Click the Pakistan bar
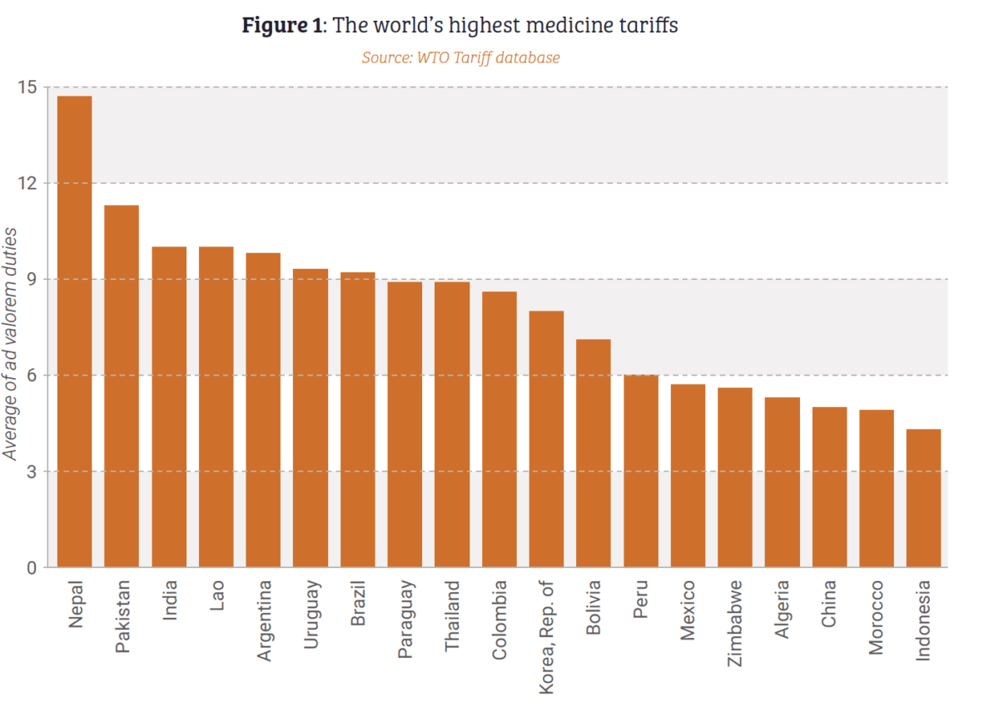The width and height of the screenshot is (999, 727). pyautogui.click(x=122, y=386)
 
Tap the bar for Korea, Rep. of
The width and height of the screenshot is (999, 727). pyautogui.click(x=546, y=439)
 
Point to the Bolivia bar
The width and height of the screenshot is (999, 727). pyautogui.click(x=594, y=453)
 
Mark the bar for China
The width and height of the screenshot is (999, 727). pyautogui.click(x=829, y=487)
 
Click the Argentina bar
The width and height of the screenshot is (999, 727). pyautogui.click(x=263, y=410)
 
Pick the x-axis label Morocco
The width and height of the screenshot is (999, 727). pyautogui.click(x=877, y=619)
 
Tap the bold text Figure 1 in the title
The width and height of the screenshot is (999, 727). pyautogui.click(x=282, y=26)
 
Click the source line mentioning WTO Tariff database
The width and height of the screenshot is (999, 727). pyautogui.click(x=460, y=57)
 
